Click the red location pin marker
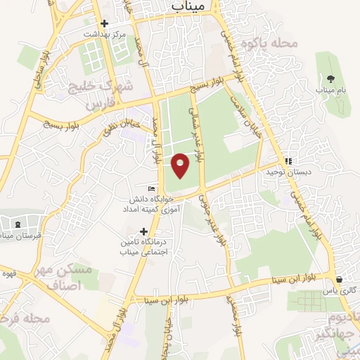(181, 165)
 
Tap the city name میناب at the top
(188, 6)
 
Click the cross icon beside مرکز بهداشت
(105, 22)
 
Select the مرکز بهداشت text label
(104, 34)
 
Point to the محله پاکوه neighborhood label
(270, 44)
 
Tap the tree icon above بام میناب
(330, 79)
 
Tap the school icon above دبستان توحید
(288, 161)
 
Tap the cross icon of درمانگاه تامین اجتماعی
(145, 231)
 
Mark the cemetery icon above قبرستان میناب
(17, 224)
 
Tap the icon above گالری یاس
(340, 279)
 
